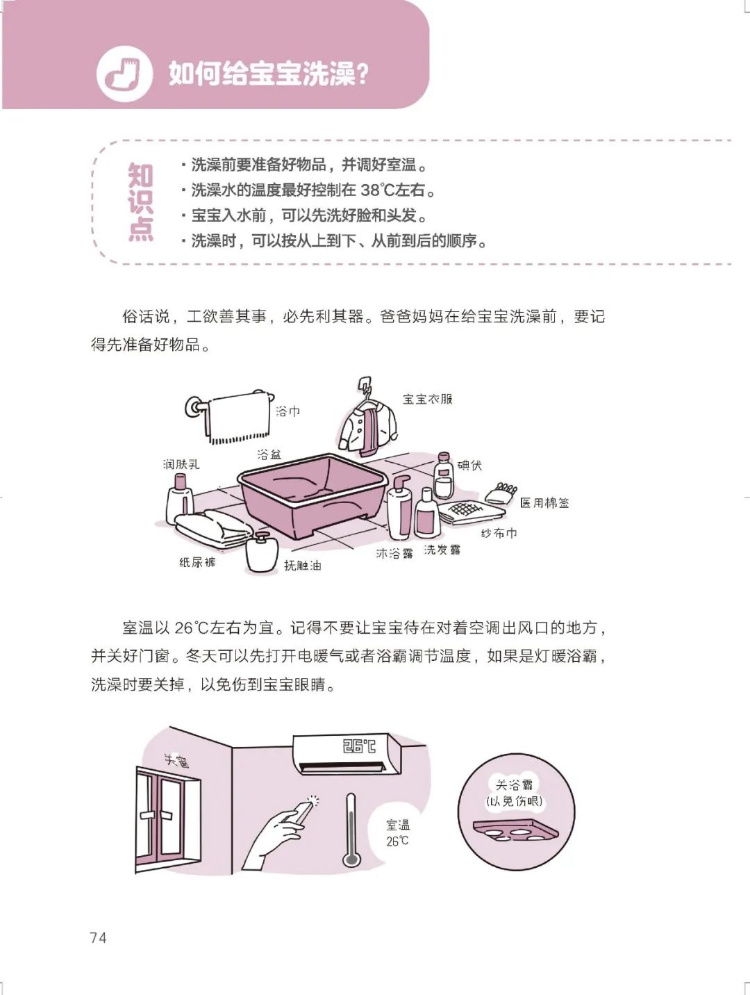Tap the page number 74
pyautogui.click(x=98, y=937)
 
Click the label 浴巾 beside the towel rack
pyautogui.click(x=287, y=411)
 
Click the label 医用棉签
pyautogui.click(x=544, y=503)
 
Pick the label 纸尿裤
pyautogui.click(x=197, y=562)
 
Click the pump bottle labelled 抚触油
pyautogui.click(x=261, y=553)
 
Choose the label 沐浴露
pyautogui.click(x=394, y=554)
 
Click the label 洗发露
pyautogui.click(x=442, y=550)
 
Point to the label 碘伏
pyautogui.click(x=469, y=465)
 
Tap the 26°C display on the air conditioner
pyautogui.click(x=359, y=746)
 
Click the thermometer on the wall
pyautogui.click(x=351, y=830)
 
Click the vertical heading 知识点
pyautogui.click(x=140, y=202)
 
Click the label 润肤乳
pyautogui.click(x=181, y=463)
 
